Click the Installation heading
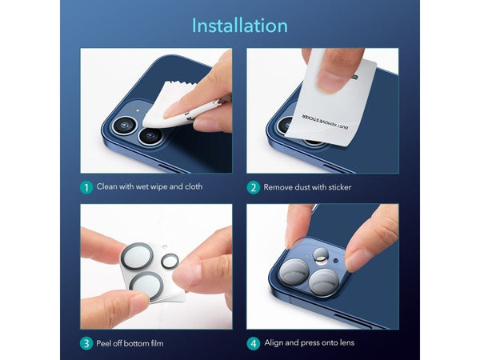240,26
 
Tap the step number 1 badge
86,187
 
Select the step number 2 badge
253,187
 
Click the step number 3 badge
86,343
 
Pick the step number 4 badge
253,343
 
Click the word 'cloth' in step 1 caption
194,186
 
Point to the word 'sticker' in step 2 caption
340,187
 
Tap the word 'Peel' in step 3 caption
103,343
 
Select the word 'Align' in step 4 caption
274,343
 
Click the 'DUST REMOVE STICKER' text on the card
326,122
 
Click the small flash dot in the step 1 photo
138,110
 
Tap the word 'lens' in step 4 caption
347,342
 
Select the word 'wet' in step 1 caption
142,186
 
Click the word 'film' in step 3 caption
157,343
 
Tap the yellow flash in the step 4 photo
321,260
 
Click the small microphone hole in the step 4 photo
336,261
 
